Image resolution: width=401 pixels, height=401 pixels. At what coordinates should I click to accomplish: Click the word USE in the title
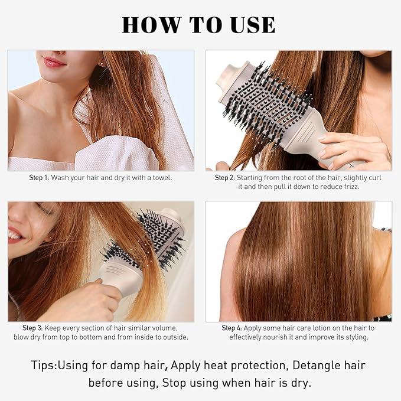coord(252,25)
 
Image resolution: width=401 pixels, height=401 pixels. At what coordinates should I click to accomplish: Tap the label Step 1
coord(40,177)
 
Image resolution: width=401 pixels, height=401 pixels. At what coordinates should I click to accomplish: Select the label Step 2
coord(224,177)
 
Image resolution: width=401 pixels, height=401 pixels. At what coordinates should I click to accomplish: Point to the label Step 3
coord(33,328)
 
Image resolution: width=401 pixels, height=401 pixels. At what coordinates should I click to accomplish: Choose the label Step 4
coord(232,328)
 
